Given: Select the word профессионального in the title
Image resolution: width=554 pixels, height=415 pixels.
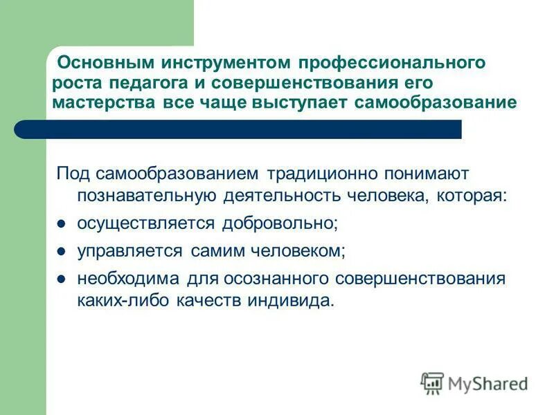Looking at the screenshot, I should tap(392, 63).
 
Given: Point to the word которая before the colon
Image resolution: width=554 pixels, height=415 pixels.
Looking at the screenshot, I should tap(470, 196).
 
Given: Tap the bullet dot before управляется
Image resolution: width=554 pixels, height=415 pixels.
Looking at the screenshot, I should tap(61, 252).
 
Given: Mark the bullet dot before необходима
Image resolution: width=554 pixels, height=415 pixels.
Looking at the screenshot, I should tap(61, 279).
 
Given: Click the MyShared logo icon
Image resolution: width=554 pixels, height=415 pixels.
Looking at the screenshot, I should tap(432, 382).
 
